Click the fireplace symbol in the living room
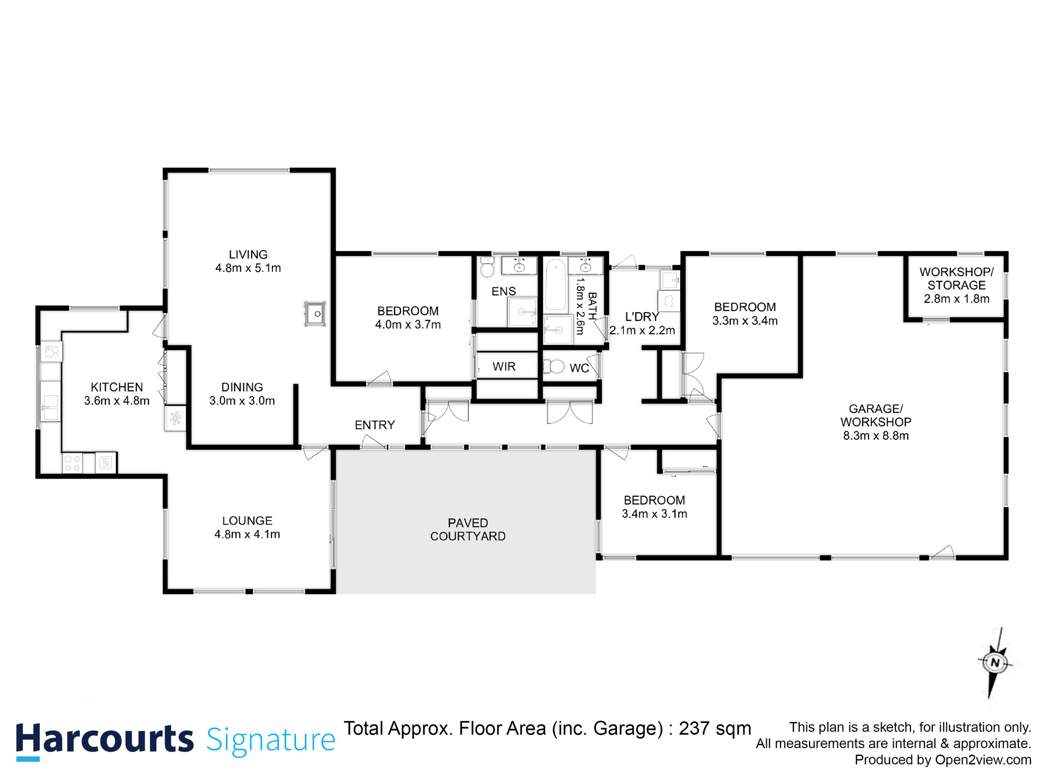pos(315,314)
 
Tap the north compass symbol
pos(995,663)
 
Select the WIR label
pos(504,366)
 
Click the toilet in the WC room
pos(554,366)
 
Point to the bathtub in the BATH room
pos(556,285)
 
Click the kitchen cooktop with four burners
pos(73,464)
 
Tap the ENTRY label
pos(374,425)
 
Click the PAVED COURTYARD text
pos(468,529)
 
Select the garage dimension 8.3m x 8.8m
pos(875,436)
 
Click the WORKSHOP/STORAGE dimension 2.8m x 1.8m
pos(956,299)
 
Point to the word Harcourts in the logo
pos(104,740)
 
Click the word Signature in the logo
pos(270,740)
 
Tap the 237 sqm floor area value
pos(715,728)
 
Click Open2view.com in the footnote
pos(983,760)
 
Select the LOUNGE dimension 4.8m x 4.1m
pos(247,534)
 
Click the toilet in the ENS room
pos(487,268)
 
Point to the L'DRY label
pos(642,317)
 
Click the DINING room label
pos(242,387)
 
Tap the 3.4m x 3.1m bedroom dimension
pos(654,514)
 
